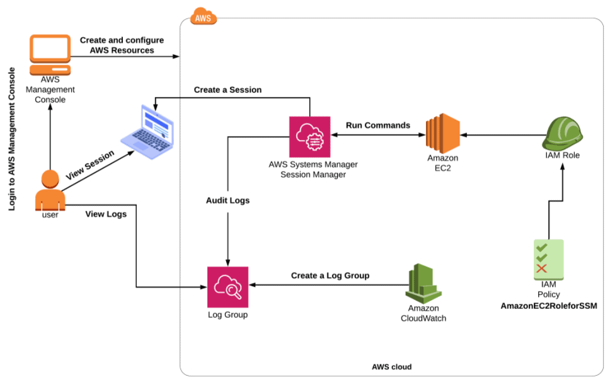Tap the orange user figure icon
(50, 190)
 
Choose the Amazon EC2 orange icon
(442, 132)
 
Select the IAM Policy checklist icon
(548, 259)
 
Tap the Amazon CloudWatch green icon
(423, 284)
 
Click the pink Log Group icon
(228, 287)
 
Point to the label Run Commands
(377, 125)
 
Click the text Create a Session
(227, 90)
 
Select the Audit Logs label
(227, 200)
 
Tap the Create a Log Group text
(330, 275)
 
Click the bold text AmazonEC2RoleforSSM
(548, 306)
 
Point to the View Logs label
(106, 214)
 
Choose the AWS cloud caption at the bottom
(391, 366)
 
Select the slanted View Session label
(89, 166)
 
